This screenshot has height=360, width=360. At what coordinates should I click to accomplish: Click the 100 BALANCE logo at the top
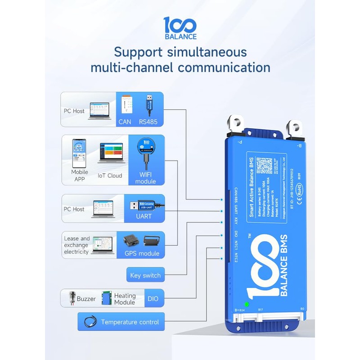[x=180, y=28]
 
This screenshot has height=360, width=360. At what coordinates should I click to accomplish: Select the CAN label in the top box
[x=125, y=121]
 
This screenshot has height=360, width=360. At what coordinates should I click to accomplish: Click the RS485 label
[x=148, y=121]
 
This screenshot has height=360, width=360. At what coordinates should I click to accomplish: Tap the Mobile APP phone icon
[x=80, y=153]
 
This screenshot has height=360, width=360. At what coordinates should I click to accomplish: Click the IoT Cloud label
[x=110, y=175]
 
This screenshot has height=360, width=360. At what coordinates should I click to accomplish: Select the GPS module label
[x=142, y=253]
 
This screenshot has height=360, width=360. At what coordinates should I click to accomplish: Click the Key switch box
[x=145, y=275]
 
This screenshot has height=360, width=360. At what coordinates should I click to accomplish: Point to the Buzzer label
[x=85, y=299]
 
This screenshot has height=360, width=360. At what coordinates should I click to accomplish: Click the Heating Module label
[x=125, y=299]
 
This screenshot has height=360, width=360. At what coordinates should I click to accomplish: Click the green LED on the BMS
[x=247, y=304]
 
